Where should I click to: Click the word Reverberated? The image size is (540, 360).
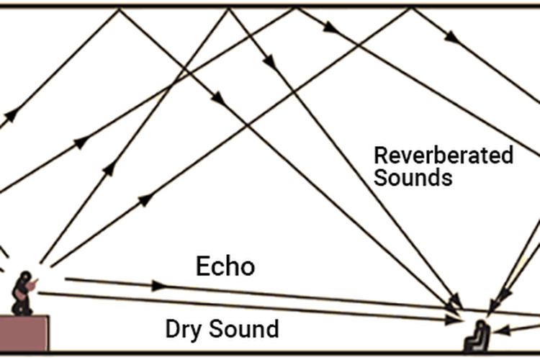point(443,156)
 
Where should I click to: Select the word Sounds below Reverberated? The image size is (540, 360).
point(413,178)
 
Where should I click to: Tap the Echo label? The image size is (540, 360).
point(225,266)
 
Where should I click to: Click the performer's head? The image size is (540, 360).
point(27,277)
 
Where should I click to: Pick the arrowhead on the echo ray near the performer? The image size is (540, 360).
point(158,286)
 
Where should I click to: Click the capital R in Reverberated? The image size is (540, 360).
point(380,156)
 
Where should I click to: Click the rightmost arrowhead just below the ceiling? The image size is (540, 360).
point(451,36)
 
